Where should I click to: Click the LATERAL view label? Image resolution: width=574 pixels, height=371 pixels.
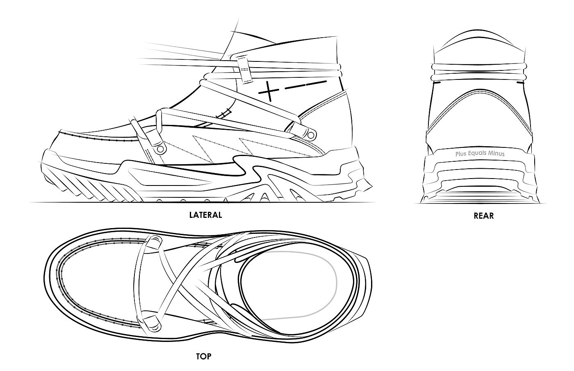205,215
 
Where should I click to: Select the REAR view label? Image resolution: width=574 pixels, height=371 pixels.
483,216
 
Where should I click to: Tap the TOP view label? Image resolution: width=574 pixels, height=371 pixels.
203,356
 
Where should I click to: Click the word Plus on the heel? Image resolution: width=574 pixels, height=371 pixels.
461,154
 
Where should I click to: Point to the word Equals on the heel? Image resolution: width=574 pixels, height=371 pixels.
478,154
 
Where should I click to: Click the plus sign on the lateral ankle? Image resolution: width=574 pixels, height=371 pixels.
268,91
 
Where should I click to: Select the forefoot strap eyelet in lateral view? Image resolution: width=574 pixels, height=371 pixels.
160,148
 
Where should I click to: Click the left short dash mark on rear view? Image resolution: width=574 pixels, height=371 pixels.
437,82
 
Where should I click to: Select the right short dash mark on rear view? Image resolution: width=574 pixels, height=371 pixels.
522,82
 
